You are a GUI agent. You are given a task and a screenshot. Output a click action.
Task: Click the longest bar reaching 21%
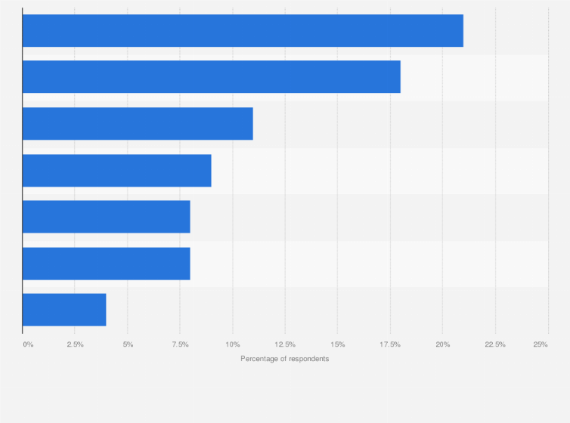coord(243,31)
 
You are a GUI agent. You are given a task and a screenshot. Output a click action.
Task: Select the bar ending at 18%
coord(211,77)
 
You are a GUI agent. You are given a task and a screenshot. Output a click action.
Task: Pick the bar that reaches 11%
coord(138,124)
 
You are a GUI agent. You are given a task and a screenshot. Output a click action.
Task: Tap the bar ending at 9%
coord(116,170)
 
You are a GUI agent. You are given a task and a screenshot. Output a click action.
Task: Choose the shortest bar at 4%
coord(64,310)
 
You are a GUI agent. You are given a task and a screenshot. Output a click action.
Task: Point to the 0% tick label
coord(28,344)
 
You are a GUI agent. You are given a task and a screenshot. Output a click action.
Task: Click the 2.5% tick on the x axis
coord(75,344)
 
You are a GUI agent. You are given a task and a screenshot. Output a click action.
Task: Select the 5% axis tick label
coord(128,344)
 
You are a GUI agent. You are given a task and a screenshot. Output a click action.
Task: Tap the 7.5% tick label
coord(180,344)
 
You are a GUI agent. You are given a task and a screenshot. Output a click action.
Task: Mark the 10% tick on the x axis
coord(233,344)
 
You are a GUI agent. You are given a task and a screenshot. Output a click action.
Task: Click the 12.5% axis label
coord(285,344)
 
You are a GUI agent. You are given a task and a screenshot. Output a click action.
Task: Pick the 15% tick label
coord(338,344)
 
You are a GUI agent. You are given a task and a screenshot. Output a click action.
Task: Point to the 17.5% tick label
coord(390,344)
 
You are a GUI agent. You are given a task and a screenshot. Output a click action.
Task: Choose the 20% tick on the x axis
coord(443,344)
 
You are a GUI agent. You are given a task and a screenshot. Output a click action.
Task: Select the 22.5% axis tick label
coord(495,344)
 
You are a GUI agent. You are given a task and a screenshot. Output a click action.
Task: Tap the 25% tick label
coord(541,344)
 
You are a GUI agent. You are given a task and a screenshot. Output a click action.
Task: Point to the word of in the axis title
coord(284,359)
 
